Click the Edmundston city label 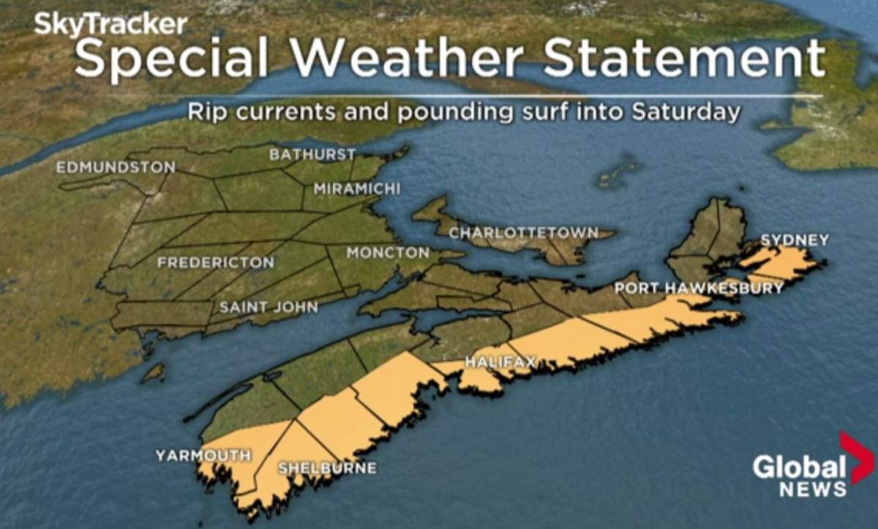pos(116,168)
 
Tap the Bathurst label pos(312,154)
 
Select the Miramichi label pos(357,189)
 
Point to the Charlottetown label pos(523,233)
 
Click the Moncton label pos(388,253)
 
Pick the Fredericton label pos(216,262)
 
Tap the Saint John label pos(269,307)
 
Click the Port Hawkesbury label pos(699,288)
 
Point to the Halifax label pos(501,361)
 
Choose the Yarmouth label pos(203,456)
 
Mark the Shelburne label pos(327,468)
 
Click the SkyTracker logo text pos(110,25)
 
